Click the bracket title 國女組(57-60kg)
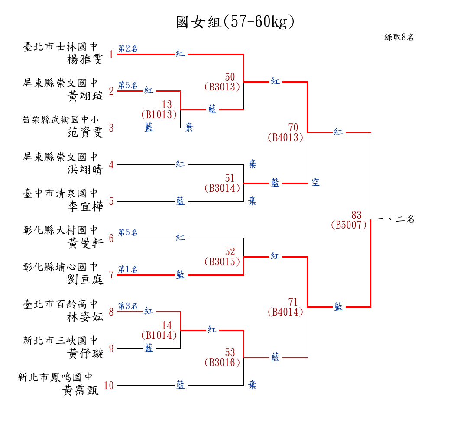pos(235,22)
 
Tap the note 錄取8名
pos(399,37)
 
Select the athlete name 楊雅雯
pos(85,59)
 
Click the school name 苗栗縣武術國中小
pos(61,120)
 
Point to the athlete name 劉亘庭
pos(85,280)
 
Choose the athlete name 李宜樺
pos(85,206)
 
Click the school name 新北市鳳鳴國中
pos(55,377)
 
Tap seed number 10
pos(109,385)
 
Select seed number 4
pos(111,165)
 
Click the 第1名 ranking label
pos(128,269)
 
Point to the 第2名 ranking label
pos(128,48)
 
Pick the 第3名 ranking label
pos(128,306)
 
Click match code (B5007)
pos(349,225)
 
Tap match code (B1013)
pos(159,114)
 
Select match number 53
pos(230,352)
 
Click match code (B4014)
pos(285,312)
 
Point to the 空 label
pos(315,182)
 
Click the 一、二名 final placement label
pos(395,219)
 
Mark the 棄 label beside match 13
pos(189,128)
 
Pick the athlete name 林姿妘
pos(85,316)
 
